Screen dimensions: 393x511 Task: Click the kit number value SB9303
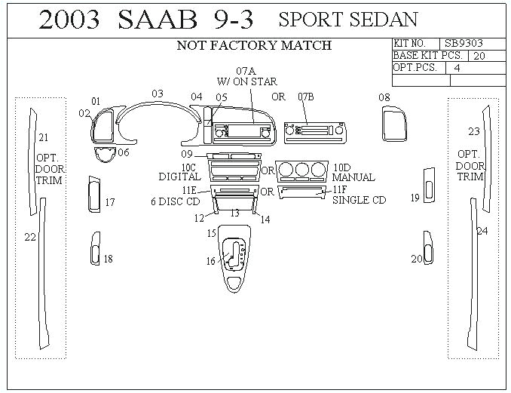tap(464, 45)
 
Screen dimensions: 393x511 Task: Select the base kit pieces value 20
tap(479, 56)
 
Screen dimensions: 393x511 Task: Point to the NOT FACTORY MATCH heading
tap(254, 45)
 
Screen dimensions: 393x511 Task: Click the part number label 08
tap(384, 97)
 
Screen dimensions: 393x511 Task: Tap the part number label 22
tap(30, 237)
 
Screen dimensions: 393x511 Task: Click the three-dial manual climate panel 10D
tap(301, 170)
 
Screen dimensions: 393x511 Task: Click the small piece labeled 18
tap(95, 248)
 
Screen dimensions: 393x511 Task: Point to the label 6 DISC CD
tap(175, 201)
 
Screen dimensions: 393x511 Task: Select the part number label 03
tap(158, 94)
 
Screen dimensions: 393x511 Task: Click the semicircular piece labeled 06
tap(104, 155)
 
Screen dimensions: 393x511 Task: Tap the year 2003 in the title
tap(69, 20)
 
